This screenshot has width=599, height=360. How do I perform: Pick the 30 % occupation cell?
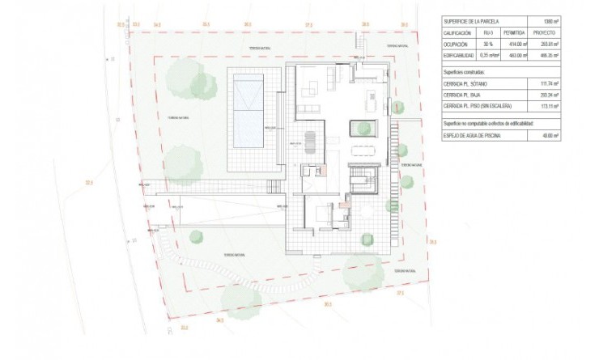coord(484,45)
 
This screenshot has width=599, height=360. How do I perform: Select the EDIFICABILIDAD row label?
coord(457,56)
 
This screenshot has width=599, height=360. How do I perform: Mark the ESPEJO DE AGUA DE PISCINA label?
coord(472,136)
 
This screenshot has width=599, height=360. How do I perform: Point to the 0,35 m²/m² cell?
coord(484,56)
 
